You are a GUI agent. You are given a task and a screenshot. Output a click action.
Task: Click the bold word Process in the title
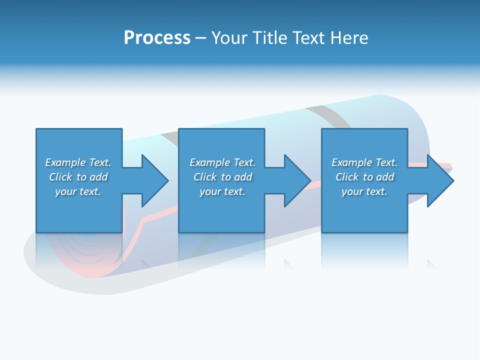(157, 38)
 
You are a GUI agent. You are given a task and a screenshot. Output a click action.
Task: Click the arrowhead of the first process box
(154, 180)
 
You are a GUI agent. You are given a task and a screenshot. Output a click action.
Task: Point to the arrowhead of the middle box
(297, 180)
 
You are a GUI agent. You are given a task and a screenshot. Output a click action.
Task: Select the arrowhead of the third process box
(440, 180)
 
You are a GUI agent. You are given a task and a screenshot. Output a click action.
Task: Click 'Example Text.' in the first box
(78, 162)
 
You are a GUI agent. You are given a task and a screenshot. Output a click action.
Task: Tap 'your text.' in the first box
(78, 191)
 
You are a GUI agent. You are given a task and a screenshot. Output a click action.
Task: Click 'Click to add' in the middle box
(222, 177)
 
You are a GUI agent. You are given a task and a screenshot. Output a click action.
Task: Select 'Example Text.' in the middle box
(222, 162)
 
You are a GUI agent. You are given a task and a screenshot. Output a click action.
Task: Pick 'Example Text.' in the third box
(364, 162)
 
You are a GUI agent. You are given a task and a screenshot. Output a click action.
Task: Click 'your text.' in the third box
(364, 191)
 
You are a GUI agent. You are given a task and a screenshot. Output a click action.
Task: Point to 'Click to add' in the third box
(364, 177)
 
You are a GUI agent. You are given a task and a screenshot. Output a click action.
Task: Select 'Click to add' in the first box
(78, 177)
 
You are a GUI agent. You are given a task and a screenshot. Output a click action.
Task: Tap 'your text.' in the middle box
(222, 191)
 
